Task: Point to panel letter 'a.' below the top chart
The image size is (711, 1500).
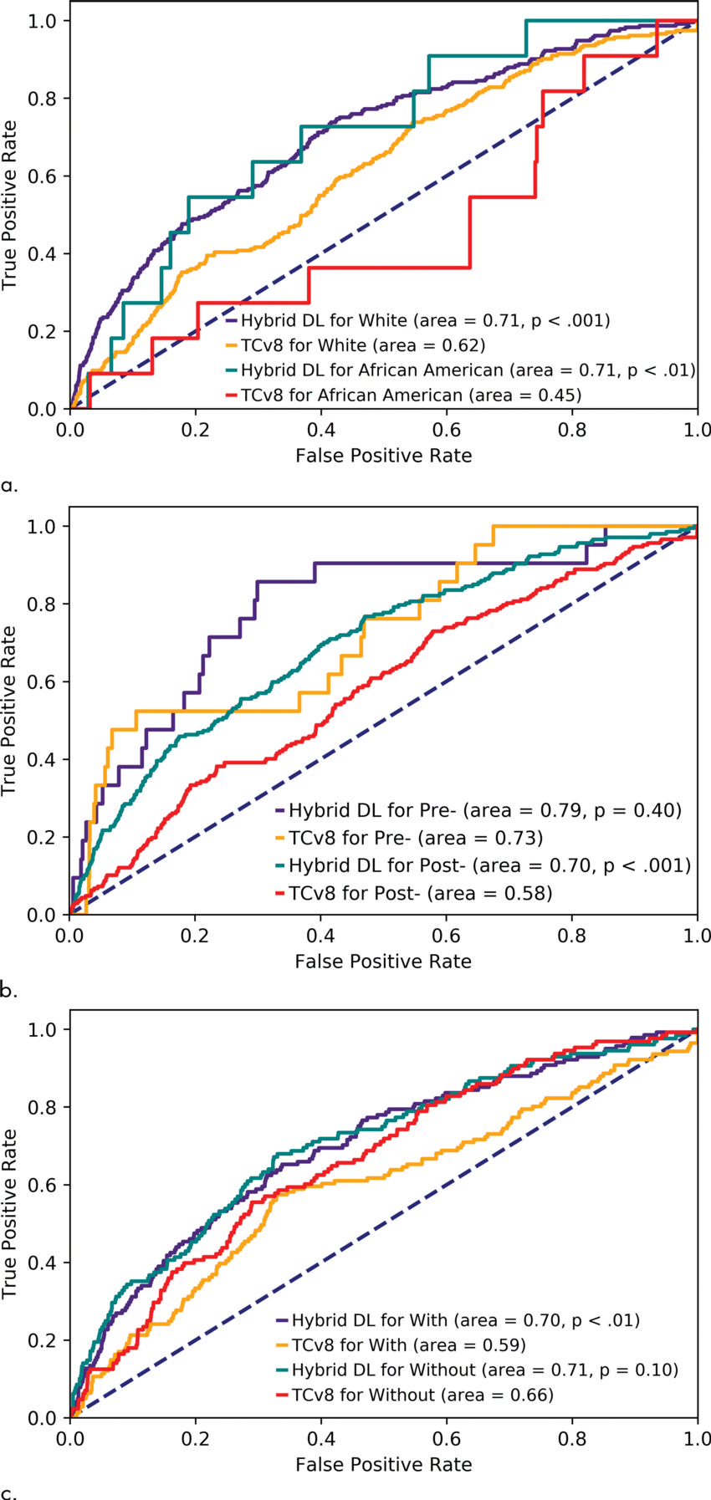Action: pos(10,485)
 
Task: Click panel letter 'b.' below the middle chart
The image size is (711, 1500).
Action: pos(10,992)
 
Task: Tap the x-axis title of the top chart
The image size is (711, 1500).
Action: pos(383,456)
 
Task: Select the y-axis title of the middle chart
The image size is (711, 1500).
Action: pos(10,711)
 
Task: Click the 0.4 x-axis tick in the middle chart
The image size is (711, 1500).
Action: pos(321,933)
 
